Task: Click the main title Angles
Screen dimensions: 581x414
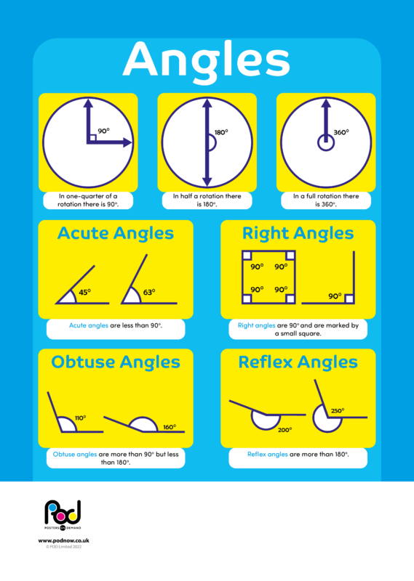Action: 207,60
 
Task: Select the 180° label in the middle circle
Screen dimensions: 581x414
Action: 221,132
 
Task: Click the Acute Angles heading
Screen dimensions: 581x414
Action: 116,233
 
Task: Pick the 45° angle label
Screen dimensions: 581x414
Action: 84,293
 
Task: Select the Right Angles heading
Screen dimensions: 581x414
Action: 298,233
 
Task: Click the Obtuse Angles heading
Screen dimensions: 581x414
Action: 116,362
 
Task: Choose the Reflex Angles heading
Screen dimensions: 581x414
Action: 298,362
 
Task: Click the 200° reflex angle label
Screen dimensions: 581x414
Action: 284,429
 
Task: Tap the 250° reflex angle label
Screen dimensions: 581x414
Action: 337,411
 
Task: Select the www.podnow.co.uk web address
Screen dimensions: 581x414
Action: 63,541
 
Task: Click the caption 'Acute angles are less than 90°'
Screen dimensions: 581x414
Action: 116,326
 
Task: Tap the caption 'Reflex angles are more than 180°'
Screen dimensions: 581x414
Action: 298,455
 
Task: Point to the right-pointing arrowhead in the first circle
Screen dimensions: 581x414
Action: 127,143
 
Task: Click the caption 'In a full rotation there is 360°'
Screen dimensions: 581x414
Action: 326,200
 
